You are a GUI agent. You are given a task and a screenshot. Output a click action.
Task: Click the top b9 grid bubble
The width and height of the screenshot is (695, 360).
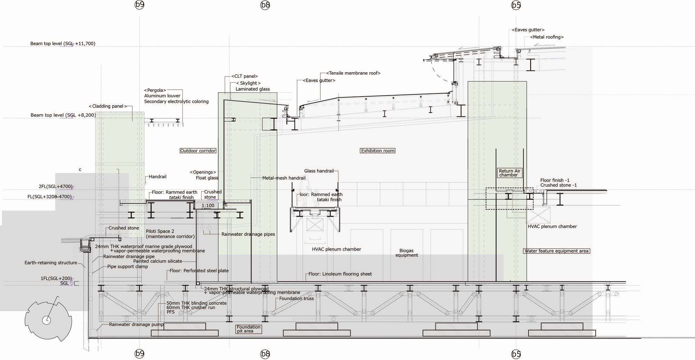tap(139, 5)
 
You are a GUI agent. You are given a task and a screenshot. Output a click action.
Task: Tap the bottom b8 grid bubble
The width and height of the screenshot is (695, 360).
tap(265, 354)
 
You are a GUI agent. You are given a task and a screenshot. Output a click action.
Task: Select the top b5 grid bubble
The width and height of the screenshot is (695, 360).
tap(516, 5)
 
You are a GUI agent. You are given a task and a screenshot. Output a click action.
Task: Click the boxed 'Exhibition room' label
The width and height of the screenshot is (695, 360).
tap(378, 151)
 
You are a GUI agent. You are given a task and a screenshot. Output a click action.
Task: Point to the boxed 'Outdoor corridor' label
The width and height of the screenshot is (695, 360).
tap(198, 151)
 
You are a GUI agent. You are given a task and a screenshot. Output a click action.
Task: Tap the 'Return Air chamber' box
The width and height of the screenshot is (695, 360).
tap(509, 173)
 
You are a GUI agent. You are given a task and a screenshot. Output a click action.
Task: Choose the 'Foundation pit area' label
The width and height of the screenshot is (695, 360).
tap(248, 329)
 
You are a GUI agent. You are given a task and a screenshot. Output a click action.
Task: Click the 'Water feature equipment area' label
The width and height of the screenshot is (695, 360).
tap(556, 251)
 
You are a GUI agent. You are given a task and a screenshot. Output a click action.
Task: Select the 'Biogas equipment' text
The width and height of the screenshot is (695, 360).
tap(407, 253)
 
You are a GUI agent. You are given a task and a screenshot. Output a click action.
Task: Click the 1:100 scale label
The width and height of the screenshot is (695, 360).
tap(208, 205)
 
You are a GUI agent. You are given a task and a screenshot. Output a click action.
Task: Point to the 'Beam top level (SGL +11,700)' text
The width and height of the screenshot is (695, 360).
tap(63, 44)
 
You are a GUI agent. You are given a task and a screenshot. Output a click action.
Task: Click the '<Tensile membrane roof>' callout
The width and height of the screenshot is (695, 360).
tap(353, 73)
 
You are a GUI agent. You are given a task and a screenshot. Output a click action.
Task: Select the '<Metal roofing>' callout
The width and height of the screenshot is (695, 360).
tap(547, 37)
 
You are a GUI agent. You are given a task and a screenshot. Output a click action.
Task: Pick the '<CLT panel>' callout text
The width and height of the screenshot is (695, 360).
tap(245, 76)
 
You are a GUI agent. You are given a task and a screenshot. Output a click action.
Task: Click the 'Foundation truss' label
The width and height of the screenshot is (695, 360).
tap(296, 298)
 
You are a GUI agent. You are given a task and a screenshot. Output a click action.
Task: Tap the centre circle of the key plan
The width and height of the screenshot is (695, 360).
tap(46, 320)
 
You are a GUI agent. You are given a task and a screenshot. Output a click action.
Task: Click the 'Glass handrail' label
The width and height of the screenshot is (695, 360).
tap(319, 171)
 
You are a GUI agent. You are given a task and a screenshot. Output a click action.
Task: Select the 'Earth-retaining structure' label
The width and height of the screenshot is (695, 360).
tap(51, 263)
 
